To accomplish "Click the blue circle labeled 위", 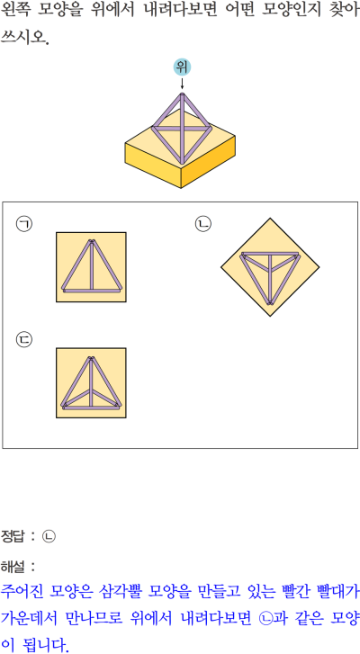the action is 182,67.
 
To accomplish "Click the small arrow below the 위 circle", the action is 182,83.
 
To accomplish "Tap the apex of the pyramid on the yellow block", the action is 183,95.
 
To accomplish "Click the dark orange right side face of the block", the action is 208,161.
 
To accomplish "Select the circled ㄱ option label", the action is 24,224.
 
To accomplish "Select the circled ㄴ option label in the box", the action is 203,224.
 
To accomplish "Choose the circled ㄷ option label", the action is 24,339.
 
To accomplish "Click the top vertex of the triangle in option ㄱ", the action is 92,241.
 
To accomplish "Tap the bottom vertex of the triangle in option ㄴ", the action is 270,303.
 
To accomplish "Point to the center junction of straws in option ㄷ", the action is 92,391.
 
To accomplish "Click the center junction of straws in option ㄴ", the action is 270,268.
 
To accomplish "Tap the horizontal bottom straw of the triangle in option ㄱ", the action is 92,290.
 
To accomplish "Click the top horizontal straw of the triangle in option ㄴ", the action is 270,254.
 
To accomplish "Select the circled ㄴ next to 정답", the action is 49,536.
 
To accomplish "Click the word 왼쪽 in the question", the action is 15,11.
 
